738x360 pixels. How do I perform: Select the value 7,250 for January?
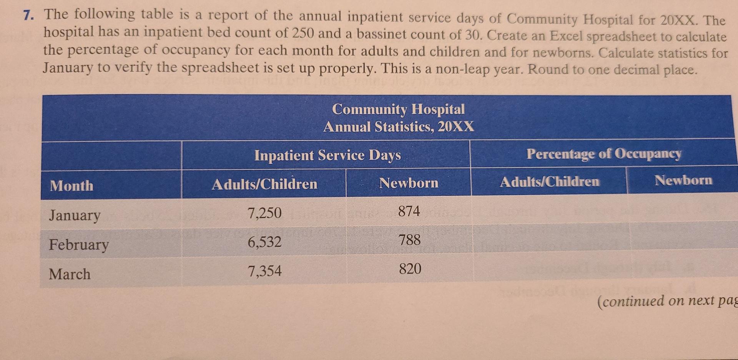point(264,213)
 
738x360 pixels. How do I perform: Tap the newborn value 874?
point(409,211)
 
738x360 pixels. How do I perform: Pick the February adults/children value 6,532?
point(264,242)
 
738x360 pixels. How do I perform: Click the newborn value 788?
point(410,240)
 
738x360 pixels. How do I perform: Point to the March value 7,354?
point(264,271)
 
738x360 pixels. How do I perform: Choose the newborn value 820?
point(410,269)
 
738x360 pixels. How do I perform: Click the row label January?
point(75,215)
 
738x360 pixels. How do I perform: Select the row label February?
point(79,245)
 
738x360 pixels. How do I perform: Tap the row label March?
point(70,274)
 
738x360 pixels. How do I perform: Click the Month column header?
point(71,186)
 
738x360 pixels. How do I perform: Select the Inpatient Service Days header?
point(327,155)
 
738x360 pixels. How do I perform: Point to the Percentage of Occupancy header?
point(603,154)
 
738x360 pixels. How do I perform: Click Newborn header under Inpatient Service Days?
point(409,183)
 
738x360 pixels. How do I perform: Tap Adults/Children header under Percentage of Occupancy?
point(549,181)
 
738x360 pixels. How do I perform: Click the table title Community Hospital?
point(398,109)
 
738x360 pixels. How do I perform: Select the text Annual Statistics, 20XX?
point(399,126)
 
